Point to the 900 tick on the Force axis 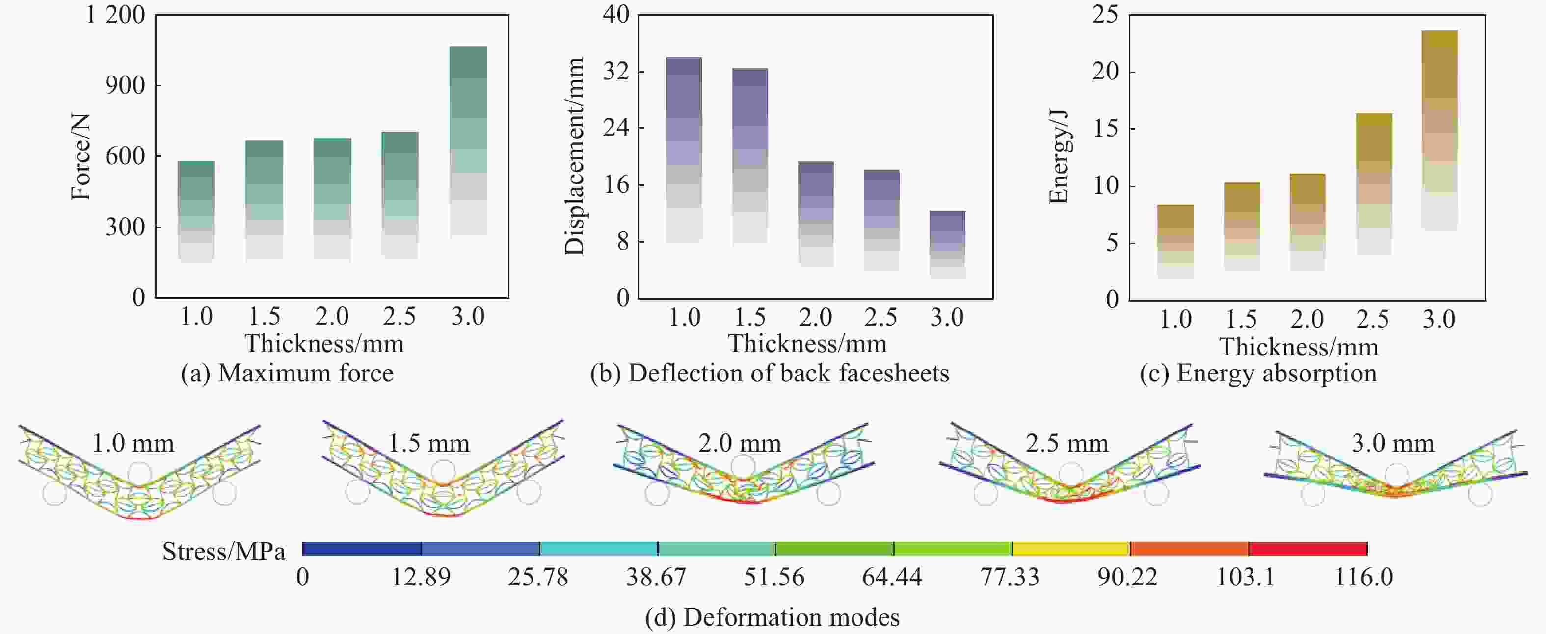[x=125, y=86]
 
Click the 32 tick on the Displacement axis [x=616, y=72]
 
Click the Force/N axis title [x=80, y=156]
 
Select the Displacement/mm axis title [x=574, y=156]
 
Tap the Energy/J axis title [x=1059, y=156]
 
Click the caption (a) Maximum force [x=287, y=373]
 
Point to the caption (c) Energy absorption [x=1258, y=373]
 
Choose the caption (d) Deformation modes [x=772, y=617]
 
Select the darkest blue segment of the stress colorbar [x=362, y=548]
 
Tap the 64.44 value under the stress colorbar [x=892, y=577]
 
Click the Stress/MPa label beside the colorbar [x=223, y=551]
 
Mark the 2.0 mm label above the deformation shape [x=740, y=443]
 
